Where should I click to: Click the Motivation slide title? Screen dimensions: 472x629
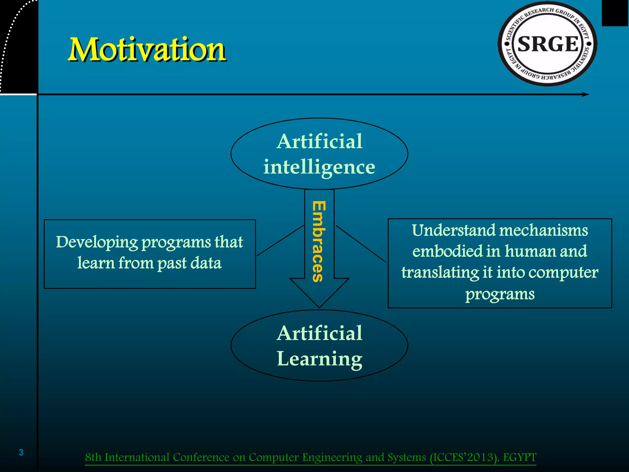click(147, 49)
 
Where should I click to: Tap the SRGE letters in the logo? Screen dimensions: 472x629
click(548, 44)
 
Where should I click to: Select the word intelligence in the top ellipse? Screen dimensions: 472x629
click(319, 167)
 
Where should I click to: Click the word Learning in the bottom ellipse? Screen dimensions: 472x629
click(319, 359)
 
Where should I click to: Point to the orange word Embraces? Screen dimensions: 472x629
click(318, 241)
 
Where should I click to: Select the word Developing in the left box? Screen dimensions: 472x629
click(97, 242)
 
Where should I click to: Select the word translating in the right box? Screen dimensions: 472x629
click(440, 273)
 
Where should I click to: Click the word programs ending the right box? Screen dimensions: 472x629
click(500, 294)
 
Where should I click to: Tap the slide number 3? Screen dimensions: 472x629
click(21, 452)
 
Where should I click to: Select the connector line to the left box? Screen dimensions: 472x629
click(280, 240)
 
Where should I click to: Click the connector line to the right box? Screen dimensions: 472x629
click(361, 244)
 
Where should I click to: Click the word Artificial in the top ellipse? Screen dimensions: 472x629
click(319, 142)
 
